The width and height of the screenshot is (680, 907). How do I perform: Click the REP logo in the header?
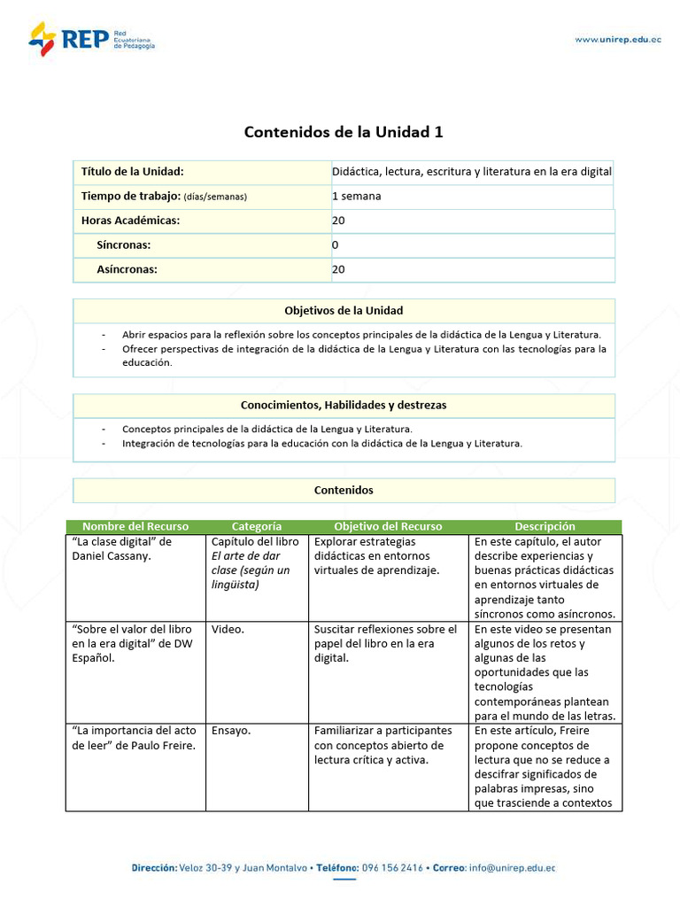click(x=91, y=39)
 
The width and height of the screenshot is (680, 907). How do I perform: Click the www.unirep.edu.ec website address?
click(x=617, y=39)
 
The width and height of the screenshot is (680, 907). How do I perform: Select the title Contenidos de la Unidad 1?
click(x=344, y=132)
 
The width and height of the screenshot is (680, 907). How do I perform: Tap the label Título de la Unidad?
click(x=132, y=172)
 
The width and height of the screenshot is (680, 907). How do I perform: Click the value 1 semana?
click(x=356, y=196)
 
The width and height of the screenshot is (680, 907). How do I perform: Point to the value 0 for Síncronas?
click(x=336, y=244)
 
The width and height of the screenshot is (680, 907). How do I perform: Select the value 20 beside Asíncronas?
click(x=338, y=269)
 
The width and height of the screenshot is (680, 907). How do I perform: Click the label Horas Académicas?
click(x=130, y=221)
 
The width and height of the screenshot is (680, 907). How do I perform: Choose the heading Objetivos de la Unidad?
click(x=344, y=310)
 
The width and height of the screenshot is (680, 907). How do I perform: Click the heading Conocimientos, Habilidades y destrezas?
click(x=344, y=405)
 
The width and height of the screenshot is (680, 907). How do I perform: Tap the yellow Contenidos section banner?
click(x=344, y=490)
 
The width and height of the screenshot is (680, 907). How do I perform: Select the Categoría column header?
click(x=257, y=526)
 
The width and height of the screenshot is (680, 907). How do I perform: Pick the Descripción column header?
click(x=545, y=526)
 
